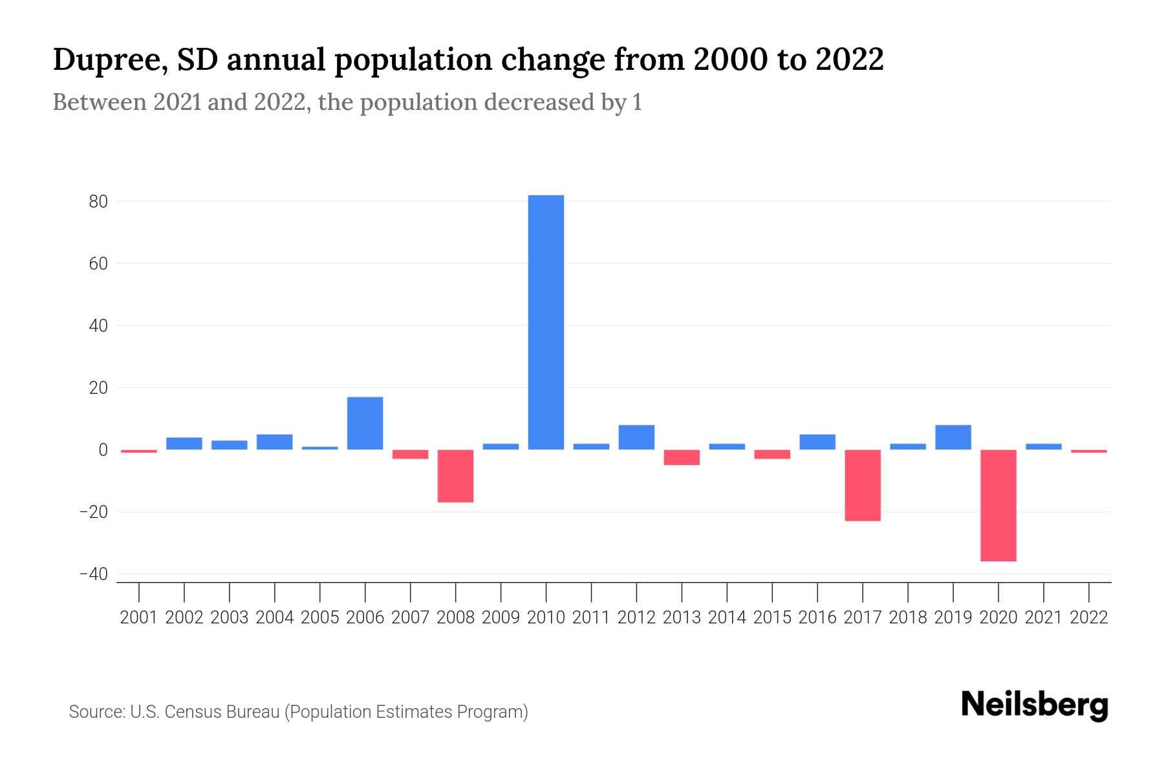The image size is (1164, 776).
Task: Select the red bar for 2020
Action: pos(998,505)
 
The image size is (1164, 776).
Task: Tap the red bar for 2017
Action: pos(862,485)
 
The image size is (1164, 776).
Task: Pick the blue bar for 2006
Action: pos(365,424)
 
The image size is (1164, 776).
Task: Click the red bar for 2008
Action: pos(455,476)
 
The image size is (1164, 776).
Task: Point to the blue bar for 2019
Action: pos(953,437)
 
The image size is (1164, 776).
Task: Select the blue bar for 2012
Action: pos(636,437)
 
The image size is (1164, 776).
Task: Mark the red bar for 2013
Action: pos(682,457)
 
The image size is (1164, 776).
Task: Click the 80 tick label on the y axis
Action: pos(98,202)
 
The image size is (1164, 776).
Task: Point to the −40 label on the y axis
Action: pos(94,574)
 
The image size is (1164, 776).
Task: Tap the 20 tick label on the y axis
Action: pos(98,388)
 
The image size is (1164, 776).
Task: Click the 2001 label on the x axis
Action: pos(139,618)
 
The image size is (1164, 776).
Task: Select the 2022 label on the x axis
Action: pos(1089,618)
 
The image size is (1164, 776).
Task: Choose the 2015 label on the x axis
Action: pos(772,618)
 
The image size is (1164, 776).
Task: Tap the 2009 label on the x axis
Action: pos(501,618)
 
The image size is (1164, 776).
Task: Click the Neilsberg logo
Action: pos(1035,705)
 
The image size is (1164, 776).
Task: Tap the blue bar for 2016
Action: pos(817,442)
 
